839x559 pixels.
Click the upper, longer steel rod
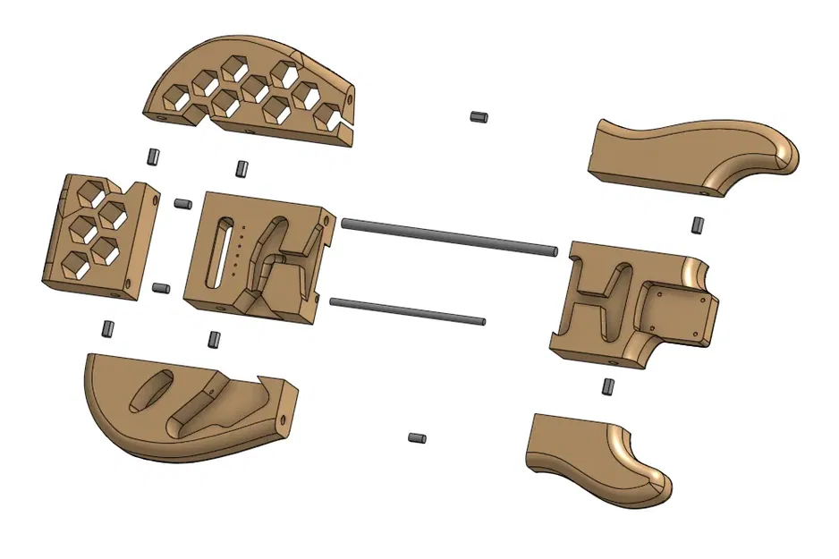click(447, 237)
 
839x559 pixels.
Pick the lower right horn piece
click(595, 456)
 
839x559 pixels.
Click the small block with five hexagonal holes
click(97, 234)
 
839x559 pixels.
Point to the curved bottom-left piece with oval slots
click(179, 407)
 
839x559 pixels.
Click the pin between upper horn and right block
click(696, 224)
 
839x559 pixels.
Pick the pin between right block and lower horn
click(607, 387)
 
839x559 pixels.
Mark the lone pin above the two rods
click(478, 116)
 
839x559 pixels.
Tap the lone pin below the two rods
click(416, 437)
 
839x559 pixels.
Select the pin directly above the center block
click(241, 168)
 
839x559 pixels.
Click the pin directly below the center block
click(214, 339)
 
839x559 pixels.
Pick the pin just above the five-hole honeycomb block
click(152, 157)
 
